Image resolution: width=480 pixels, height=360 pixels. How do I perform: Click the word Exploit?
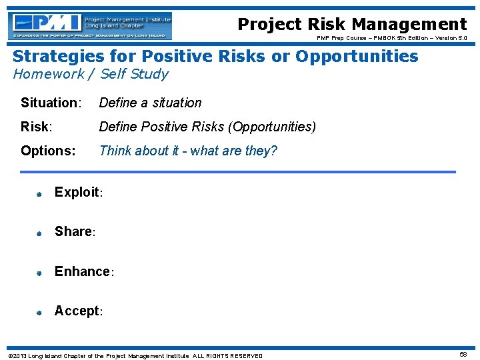coord(77,192)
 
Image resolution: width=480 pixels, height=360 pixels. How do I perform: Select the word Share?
coord(73,231)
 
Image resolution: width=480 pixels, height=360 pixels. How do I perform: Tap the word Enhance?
coord(82,271)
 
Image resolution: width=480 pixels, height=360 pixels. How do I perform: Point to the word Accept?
coord(77,311)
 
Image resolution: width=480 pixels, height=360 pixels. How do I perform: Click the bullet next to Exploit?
coord(39,194)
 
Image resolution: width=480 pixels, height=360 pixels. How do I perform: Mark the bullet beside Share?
coord(39,233)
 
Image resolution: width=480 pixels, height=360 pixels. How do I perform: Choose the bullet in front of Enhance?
coord(39,273)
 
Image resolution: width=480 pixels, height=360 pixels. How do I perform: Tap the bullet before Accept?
coord(39,312)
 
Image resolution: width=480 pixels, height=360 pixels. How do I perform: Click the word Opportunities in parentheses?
coord(271,127)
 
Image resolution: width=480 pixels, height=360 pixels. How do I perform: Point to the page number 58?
coord(463,355)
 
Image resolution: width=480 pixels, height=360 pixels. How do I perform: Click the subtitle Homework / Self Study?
coord(91,74)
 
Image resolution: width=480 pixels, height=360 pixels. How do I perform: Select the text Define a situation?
coord(150,103)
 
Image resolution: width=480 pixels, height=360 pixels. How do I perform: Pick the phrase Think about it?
coord(141,151)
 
